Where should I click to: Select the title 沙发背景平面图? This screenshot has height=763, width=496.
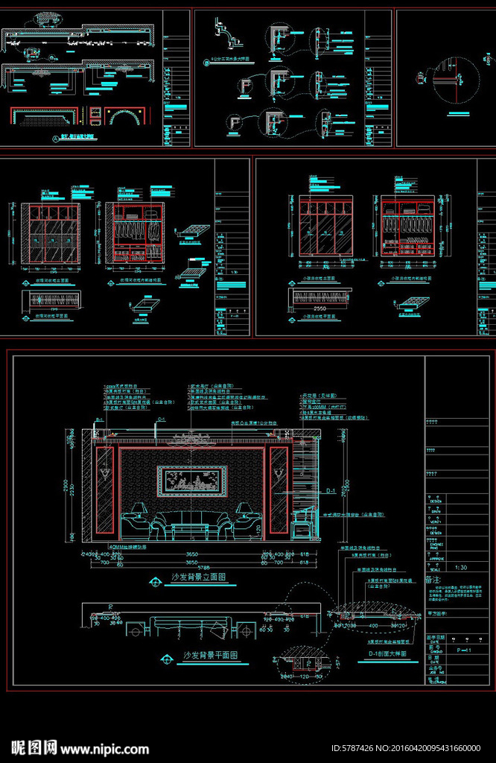click(x=210, y=656)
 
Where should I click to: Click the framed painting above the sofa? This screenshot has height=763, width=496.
click(x=193, y=480)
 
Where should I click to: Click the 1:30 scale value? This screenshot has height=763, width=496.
click(x=462, y=567)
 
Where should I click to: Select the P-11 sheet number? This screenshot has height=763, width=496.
click(x=462, y=650)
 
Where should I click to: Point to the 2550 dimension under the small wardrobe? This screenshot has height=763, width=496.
click(x=319, y=307)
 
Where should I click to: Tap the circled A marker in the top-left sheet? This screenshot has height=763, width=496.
click(x=56, y=139)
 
